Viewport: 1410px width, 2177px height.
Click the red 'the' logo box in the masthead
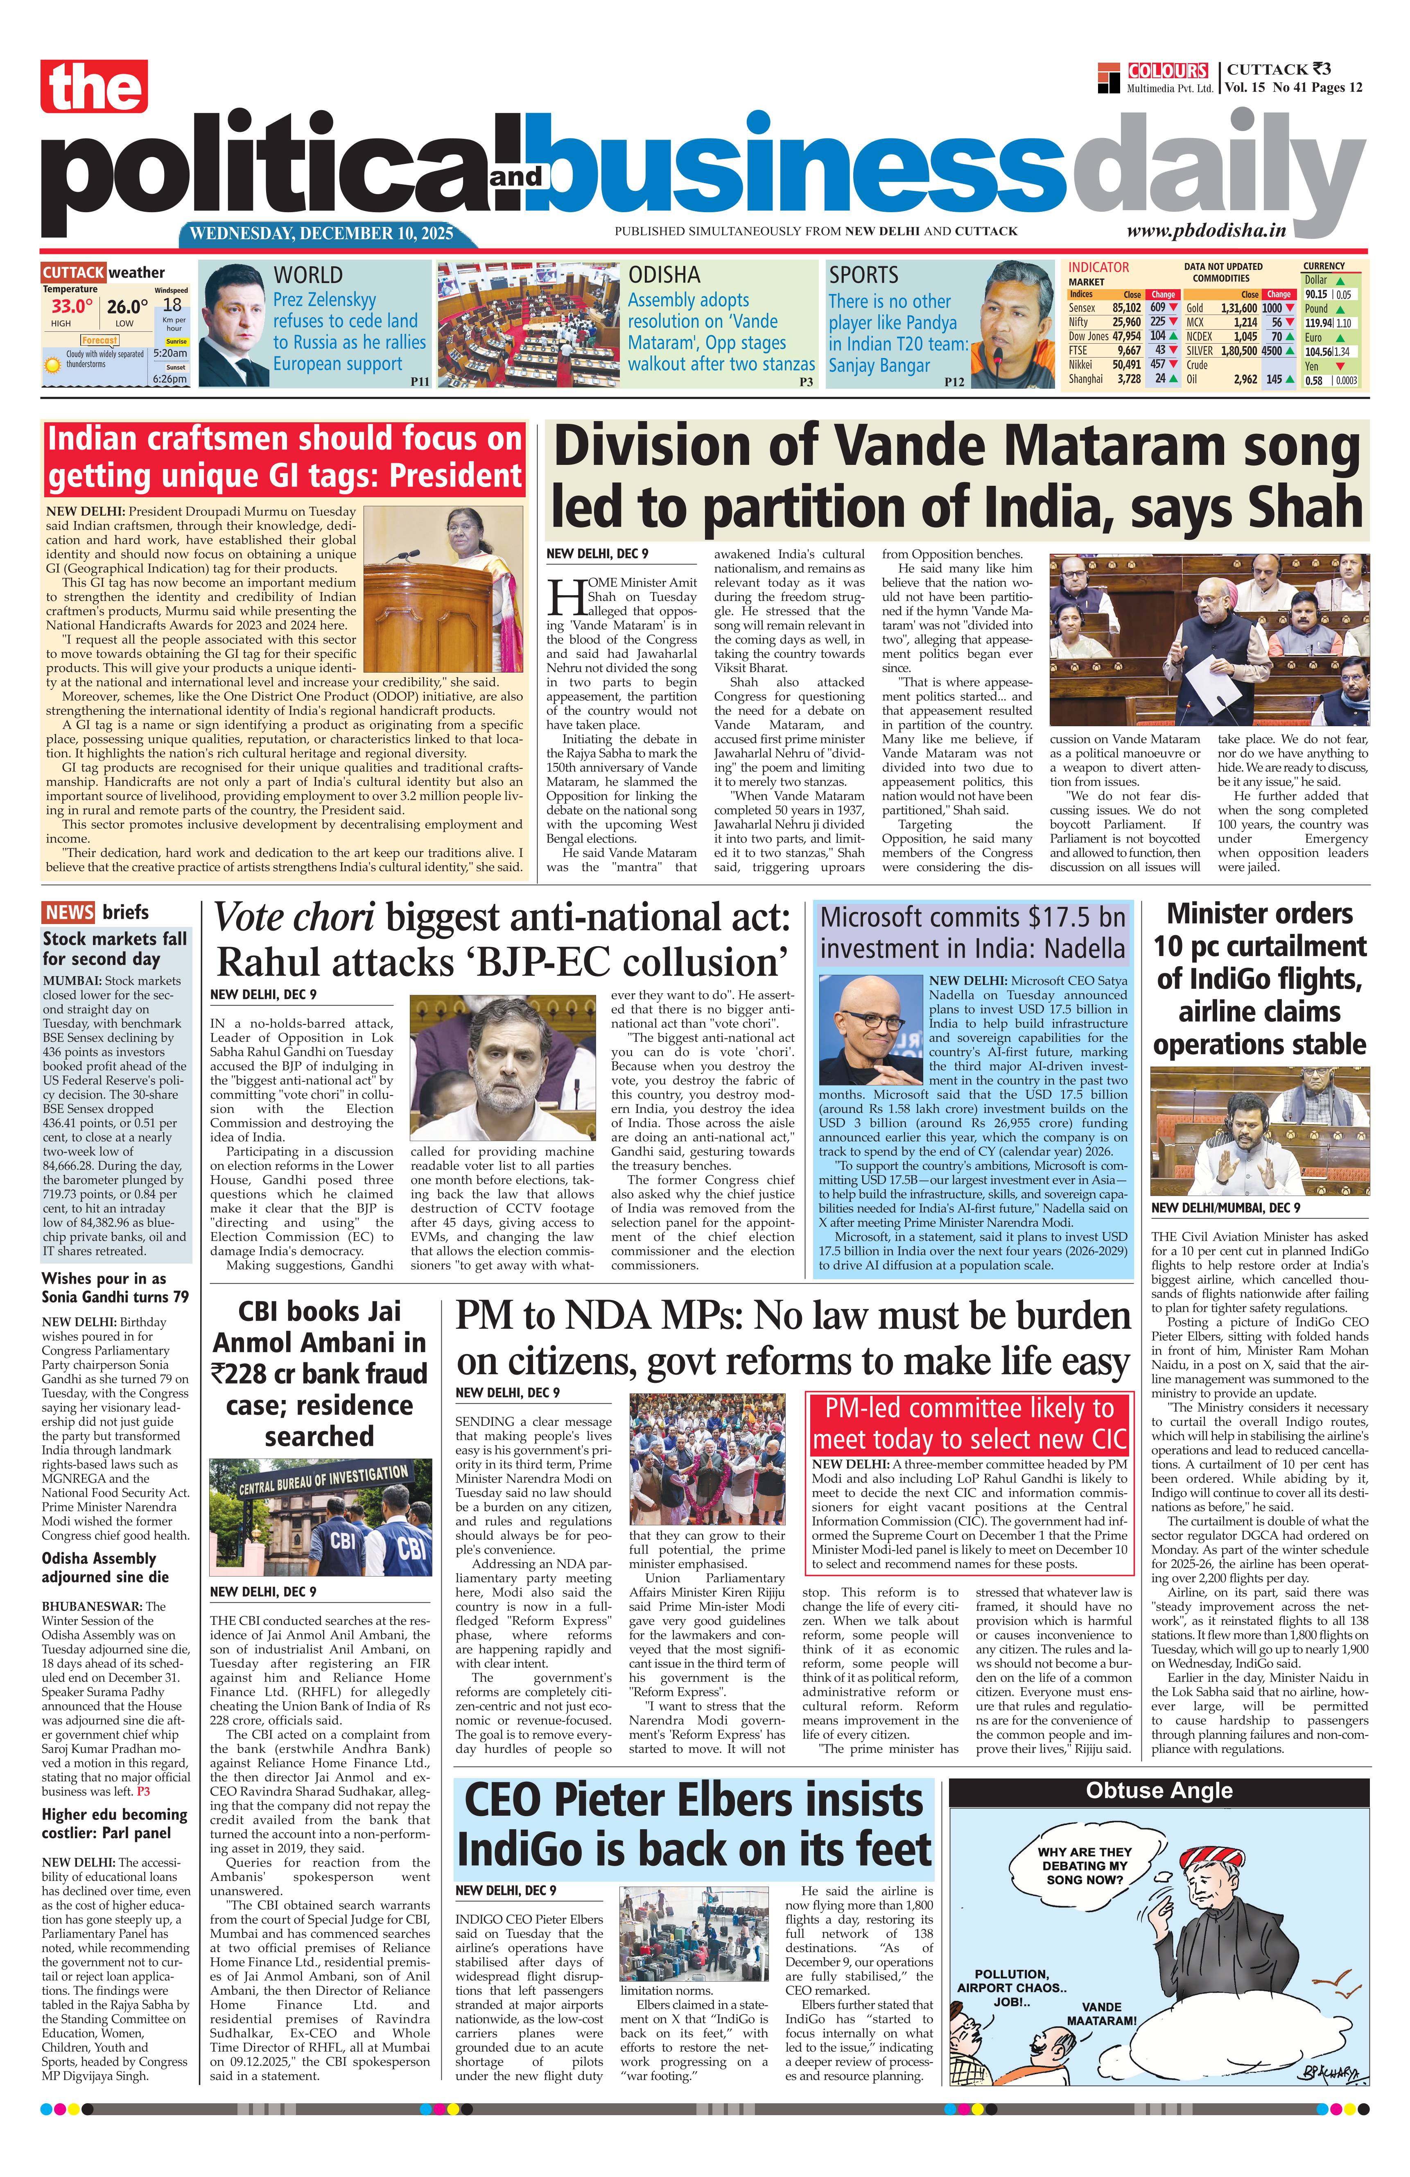click(x=93, y=87)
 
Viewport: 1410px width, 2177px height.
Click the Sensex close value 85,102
click(x=1125, y=308)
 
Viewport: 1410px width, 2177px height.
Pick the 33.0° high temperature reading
click(x=71, y=306)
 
